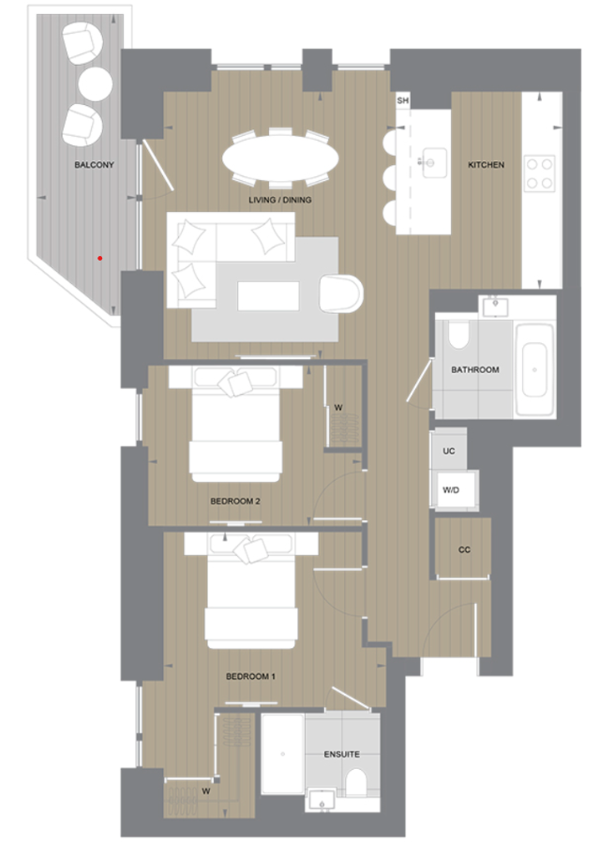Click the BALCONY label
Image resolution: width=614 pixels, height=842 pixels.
click(x=94, y=165)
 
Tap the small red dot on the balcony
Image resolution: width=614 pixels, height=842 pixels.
click(x=98, y=256)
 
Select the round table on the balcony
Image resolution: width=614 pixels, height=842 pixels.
click(x=96, y=83)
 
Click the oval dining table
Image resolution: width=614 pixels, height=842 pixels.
click(x=280, y=156)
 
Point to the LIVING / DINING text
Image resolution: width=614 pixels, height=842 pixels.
click(x=280, y=200)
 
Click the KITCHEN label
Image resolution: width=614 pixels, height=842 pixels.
click(x=486, y=165)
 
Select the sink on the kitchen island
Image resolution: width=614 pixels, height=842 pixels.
click(x=432, y=162)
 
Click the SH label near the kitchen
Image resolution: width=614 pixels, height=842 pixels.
click(x=403, y=100)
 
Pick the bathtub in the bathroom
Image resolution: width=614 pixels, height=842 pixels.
click(x=536, y=368)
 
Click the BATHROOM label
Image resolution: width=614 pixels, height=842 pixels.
click(x=475, y=369)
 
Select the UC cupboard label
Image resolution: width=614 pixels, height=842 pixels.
click(x=449, y=451)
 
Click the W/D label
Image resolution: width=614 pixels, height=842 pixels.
click(x=450, y=489)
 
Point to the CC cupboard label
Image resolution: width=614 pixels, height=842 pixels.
click(x=464, y=549)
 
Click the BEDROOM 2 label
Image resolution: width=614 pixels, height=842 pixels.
click(x=234, y=501)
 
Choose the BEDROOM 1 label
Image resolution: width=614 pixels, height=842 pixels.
click(x=250, y=675)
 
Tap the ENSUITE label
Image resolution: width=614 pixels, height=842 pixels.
click(x=342, y=754)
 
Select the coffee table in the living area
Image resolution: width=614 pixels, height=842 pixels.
click(x=270, y=297)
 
